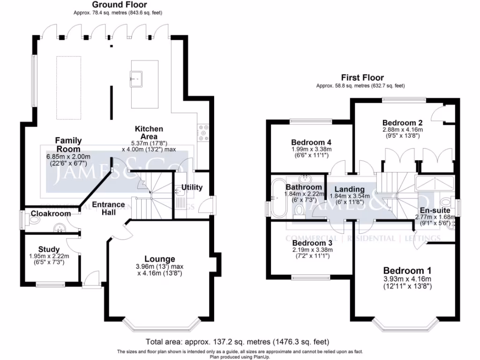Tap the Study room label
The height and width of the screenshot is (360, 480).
pyautogui.click(x=49, y=249)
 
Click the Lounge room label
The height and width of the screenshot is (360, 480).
pyautogui.click(x=159, y=259)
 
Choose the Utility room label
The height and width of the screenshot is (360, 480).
pyautogui.click(x=192, y=187)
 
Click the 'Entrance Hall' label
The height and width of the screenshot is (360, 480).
pyautogui.click(x=108, y=209)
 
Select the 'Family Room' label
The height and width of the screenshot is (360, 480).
pyautogui.click(x=68, y=144)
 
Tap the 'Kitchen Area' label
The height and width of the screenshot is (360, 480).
pyautogui.click(x=149, y=133)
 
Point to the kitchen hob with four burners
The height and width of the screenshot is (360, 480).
pyautogui.click(x=204, y=132)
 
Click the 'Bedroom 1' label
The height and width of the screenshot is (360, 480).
pyautogui.click(x=407, y=270)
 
